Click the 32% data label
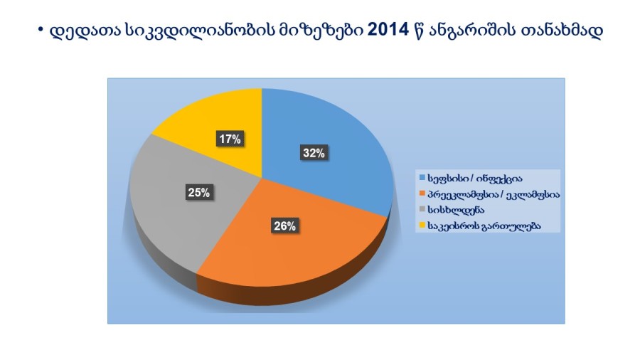point(314,153)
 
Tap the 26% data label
point(285,226)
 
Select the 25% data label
point(199,192)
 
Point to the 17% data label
point(230,139)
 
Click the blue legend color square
point(422,178)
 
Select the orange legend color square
point(422,193)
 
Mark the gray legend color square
point(422,209)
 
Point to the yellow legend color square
point(422,225)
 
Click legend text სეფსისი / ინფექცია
point(475,179)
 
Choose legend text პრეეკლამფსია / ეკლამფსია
point(494,194)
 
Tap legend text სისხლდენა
point(456,210)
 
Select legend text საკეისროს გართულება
point(484,226)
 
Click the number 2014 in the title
point(388,30)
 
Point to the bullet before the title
point(41,29)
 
